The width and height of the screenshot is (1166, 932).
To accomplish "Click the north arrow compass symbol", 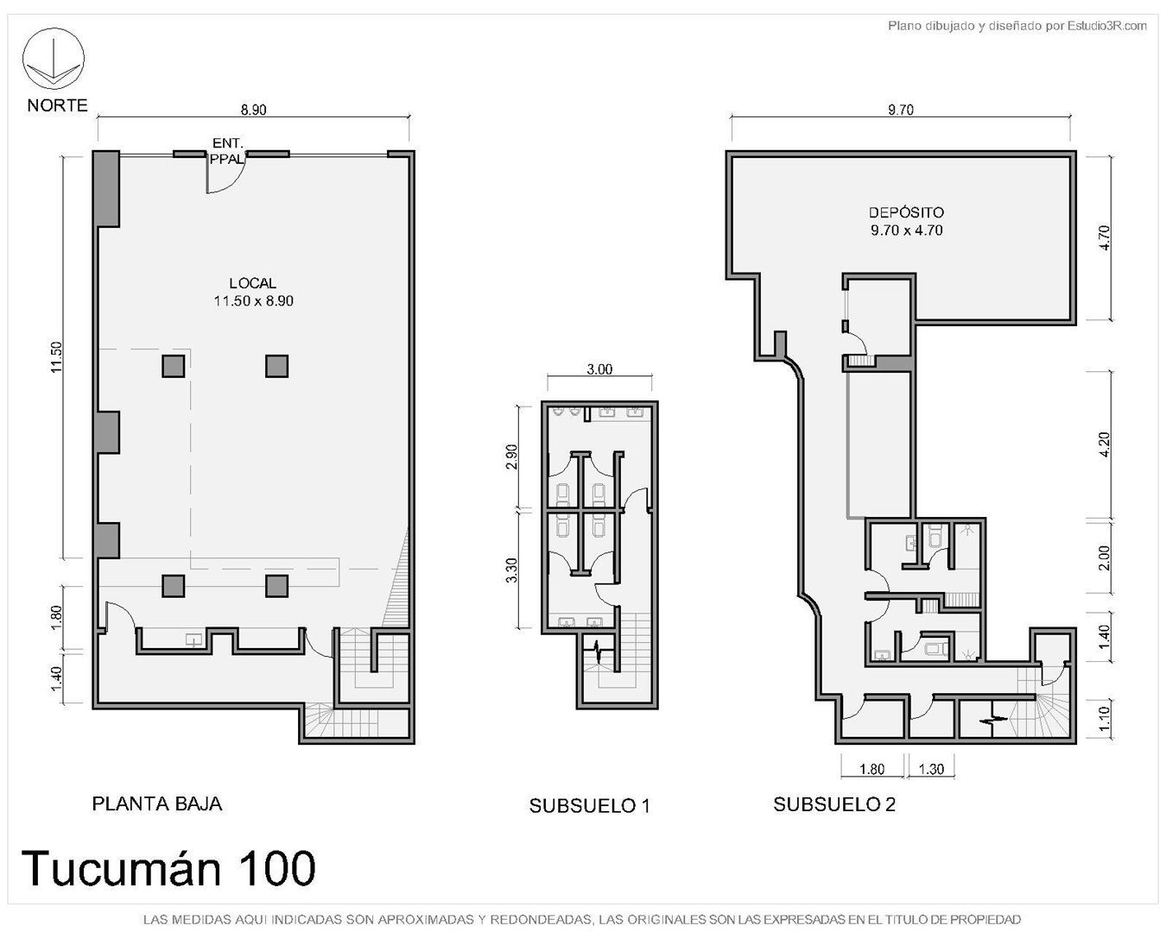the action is [53, 59].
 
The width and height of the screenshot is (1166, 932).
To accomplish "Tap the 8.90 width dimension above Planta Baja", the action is [254, 110].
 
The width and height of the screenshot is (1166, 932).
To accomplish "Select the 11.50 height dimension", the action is [57, 357].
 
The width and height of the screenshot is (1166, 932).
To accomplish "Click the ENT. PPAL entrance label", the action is [227, 151].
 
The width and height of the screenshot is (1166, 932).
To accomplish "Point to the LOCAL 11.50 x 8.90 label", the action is [253, 292].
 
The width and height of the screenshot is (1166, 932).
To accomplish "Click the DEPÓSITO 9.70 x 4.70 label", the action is [906, 221].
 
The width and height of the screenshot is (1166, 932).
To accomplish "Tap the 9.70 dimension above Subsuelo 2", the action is [901, 110].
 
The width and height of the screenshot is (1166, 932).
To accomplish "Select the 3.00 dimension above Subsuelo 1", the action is [599, 369].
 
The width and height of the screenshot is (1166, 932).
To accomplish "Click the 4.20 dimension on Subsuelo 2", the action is [1106, 444].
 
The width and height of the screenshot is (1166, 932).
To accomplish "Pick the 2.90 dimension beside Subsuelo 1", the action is [512, 457].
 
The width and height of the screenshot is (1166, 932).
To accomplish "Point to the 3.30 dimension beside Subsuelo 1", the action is [512, 570].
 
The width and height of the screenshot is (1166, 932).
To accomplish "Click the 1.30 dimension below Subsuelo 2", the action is [931, 769].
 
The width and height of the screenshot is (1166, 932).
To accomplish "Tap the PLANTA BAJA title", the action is [157, 804].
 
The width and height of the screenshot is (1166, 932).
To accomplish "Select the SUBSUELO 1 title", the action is [590, 806].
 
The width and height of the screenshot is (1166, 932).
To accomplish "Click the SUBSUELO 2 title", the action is [834, 805].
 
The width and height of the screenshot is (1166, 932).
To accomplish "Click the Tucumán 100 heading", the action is [168, 868].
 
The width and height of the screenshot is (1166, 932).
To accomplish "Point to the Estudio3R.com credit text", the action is [1017, 25].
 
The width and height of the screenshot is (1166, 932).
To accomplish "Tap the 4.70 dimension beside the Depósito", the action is [1106, 237].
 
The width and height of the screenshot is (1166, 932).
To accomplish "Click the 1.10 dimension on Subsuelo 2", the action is [1106, 716].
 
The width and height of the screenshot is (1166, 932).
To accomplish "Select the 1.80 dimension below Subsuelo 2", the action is [871, 769].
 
